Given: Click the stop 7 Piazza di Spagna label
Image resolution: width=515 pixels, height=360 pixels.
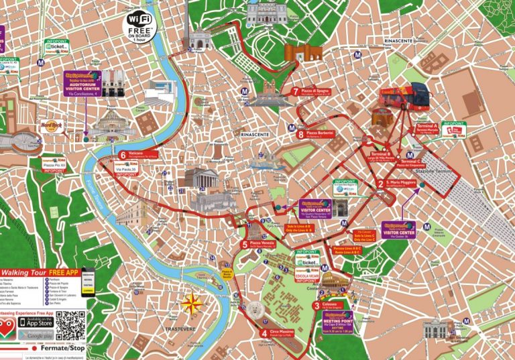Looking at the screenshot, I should tap(314, 92).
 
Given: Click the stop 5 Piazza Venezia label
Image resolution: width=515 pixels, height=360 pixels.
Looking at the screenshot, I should tap(262, 244).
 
